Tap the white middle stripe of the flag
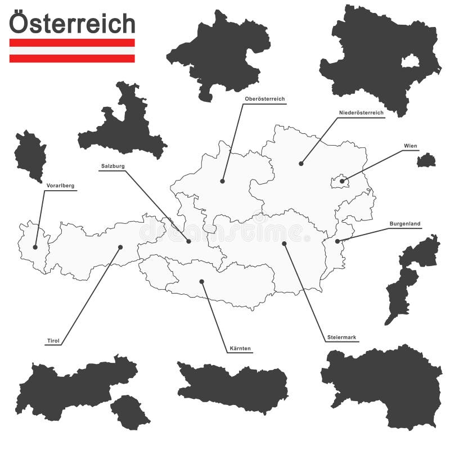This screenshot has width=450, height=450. click(x=72, y=51)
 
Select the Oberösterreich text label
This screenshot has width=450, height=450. click(x=264, y=99)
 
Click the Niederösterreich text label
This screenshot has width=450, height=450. click(x=361, y=113)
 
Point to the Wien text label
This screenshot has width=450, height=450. click(x=411, y=146)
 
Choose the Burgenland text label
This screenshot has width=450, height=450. click(x=405, y=224)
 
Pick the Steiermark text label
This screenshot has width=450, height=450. click(x=342, y=337)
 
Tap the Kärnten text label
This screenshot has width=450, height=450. click(x=241, y=349)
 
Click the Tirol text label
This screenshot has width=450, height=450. click(x=52, y=340)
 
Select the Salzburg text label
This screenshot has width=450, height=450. click(x=113, y=166)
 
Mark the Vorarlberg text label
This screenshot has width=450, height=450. click(x=60, y=186)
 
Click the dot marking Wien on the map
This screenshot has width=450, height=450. click(x=342, y=181)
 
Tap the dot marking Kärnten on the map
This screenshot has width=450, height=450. click(x=201, y=281)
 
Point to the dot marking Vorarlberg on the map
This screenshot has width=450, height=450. click(x=35, y=247)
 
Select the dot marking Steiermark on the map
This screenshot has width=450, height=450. click(x=284, y=244)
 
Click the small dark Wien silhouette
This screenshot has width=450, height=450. click(x=426, y=161)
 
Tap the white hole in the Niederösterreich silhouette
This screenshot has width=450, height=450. click(x=410, y=61)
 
